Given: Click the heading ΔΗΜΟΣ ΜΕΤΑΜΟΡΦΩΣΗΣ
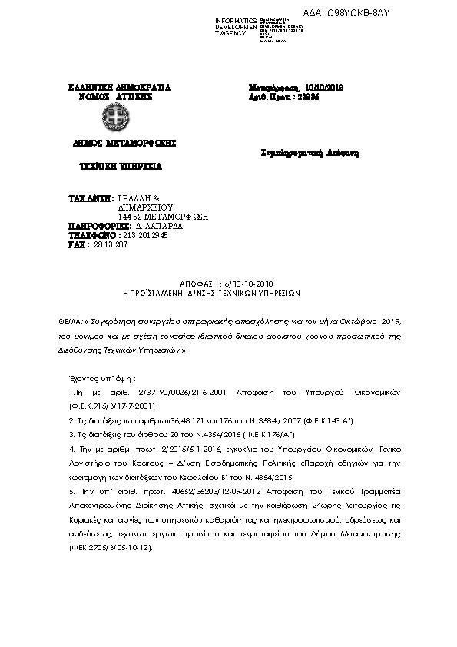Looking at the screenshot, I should pos(114,143).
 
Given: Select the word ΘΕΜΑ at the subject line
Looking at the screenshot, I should pos(69,319).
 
